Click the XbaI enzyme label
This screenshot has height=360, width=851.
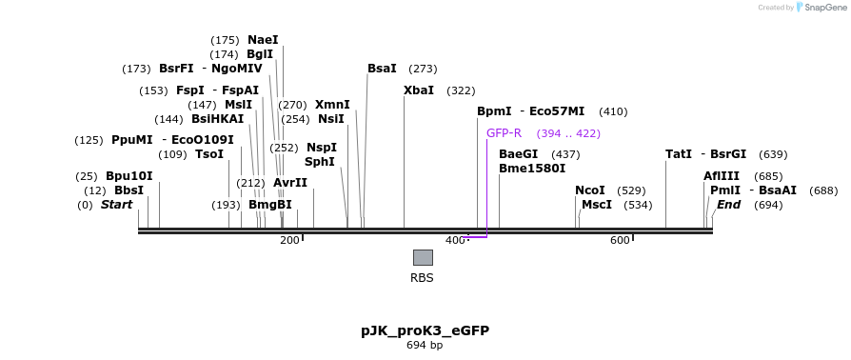click(x=419, y=90)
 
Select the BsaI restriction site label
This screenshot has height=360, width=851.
click(x=382, y=69)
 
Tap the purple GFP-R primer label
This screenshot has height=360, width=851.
click(x=504, y=133)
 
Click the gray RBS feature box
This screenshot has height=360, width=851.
click(x=423, y=257)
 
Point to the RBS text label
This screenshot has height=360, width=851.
click(x=422, y=278)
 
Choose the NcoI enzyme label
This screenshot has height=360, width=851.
click(x=590, y=190)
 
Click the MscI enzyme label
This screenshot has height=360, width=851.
click(x=597, y=205)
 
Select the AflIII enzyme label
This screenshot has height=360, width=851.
click(x=722, y=176)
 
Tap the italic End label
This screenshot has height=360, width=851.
click(x=729, y=205)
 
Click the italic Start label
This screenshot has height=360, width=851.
click(x=116, y=205)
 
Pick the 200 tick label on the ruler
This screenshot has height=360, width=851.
click(x=289, y=241)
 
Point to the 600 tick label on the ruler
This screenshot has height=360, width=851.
click(x=620, y=241)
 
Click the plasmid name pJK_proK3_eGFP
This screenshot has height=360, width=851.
click(x=425, y=330)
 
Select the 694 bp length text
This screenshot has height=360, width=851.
click(x=425, y=345)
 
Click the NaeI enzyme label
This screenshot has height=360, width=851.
click(x=263, y=40)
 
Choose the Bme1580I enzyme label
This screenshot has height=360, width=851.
click(x=532, y=169)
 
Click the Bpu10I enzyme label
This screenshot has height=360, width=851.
click(x=129, y=176)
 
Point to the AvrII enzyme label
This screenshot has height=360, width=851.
click(x=290, y=183)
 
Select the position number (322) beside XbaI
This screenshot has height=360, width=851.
click(x=461, y=90)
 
